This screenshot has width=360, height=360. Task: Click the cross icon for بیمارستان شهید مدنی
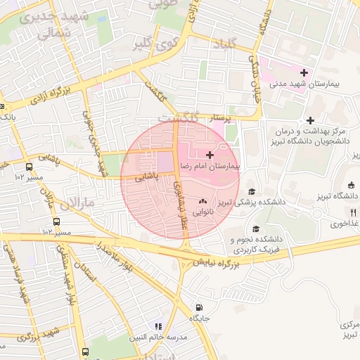pos(304,72)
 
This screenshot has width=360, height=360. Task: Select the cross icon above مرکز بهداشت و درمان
pos(310,120)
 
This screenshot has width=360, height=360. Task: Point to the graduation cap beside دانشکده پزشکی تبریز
pos(251,191)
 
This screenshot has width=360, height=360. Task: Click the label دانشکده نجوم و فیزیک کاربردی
pos(265,244)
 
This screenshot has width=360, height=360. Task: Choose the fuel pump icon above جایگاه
pos(200,307)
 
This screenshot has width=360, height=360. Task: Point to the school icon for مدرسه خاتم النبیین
pos(159,326)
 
